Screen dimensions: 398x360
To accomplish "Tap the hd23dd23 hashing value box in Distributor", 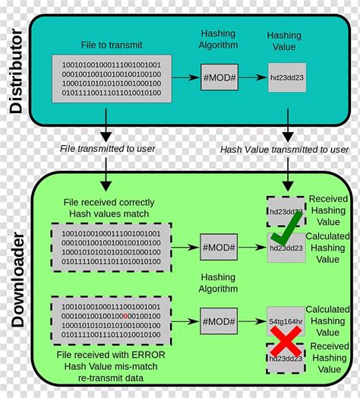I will tap(287, 78).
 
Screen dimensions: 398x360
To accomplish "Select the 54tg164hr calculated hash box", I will tap(286, 323).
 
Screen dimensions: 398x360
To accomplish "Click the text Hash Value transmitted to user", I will tap(285, 150).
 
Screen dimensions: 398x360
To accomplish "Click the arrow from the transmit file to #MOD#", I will tap(185, 78).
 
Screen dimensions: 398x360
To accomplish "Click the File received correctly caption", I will tap(110, 203).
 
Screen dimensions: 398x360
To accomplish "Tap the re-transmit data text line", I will tap(111, 377).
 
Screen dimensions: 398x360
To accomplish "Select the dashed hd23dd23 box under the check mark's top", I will tap(286, 211).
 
